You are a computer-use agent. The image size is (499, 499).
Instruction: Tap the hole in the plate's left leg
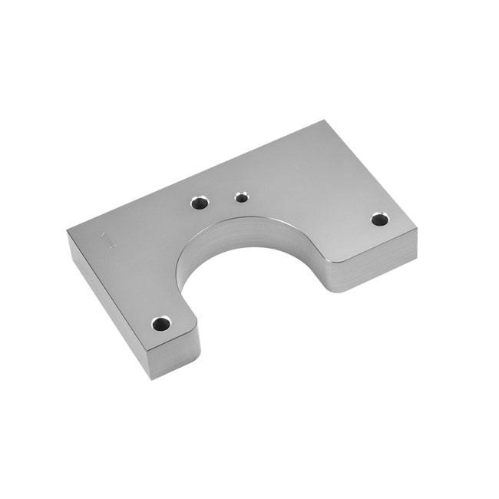point(160,323)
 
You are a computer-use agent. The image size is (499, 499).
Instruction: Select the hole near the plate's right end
point(379,220)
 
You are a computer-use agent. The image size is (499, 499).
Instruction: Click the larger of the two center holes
point(200,203)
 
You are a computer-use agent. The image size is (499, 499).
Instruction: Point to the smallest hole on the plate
point(242,198)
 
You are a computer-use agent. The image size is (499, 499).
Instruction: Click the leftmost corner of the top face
point(68,231)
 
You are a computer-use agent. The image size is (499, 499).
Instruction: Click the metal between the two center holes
point(222,200)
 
